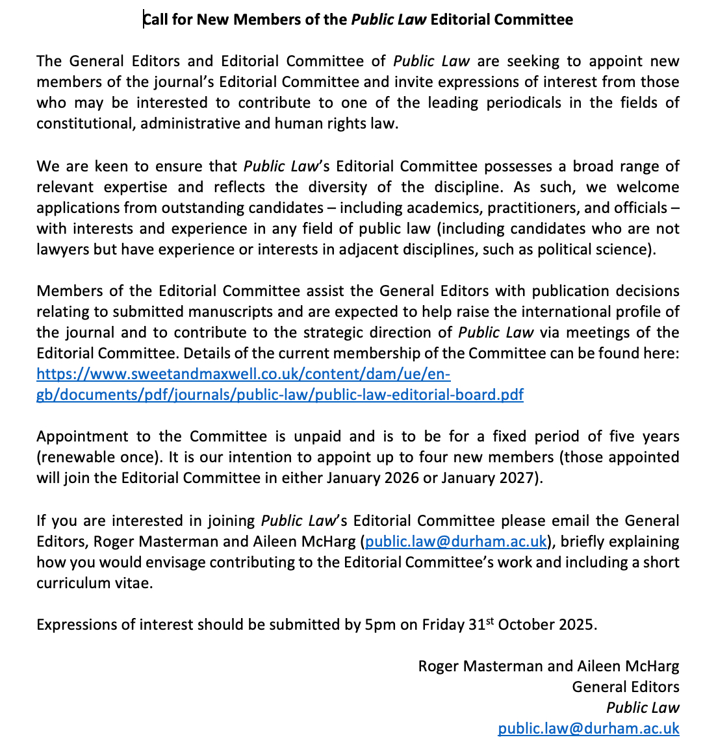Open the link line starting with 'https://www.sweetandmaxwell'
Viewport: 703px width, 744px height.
(x=243, y=374)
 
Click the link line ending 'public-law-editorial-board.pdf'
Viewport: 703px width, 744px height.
(x=279, y=395)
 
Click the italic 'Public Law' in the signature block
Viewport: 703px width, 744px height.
(x=643, y=708)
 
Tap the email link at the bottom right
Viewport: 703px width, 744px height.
(x=588, y=728)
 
